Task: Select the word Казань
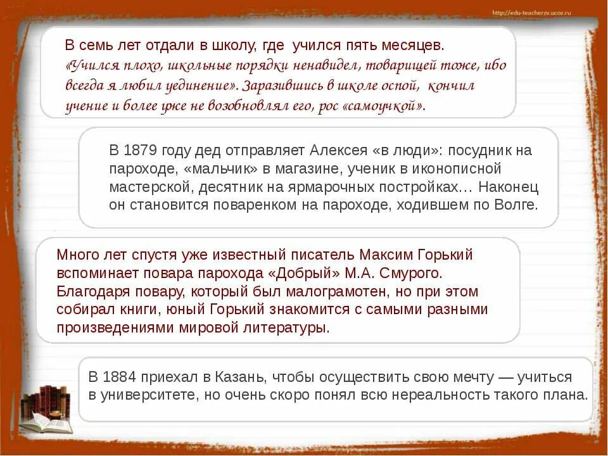tap(245, 377)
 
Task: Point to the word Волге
tap(517, 205)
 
